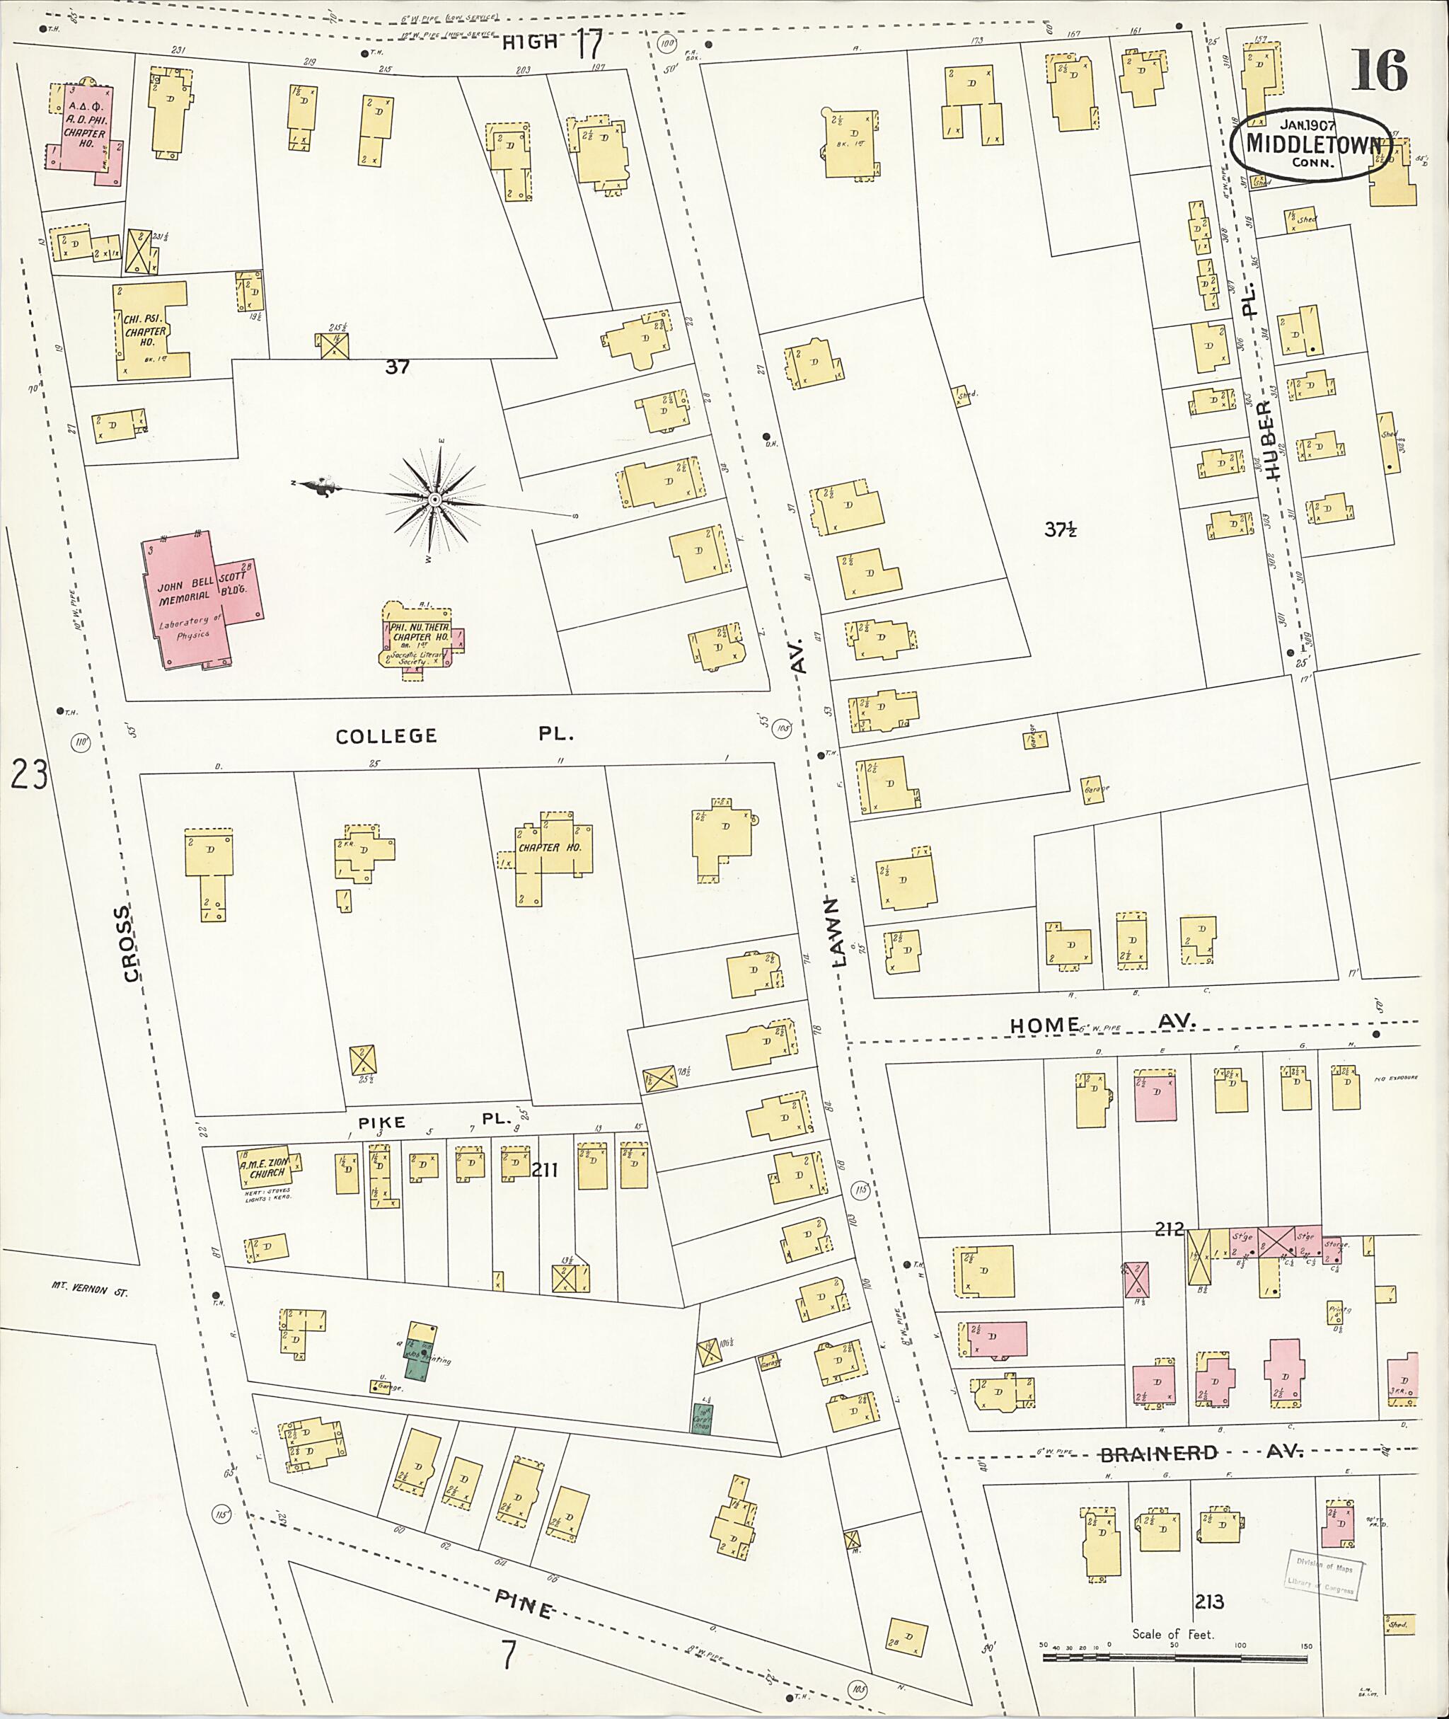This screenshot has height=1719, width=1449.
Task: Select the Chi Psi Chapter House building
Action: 151,330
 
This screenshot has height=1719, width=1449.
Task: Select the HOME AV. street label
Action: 1101,1024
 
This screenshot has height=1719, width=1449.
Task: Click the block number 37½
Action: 1060,530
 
